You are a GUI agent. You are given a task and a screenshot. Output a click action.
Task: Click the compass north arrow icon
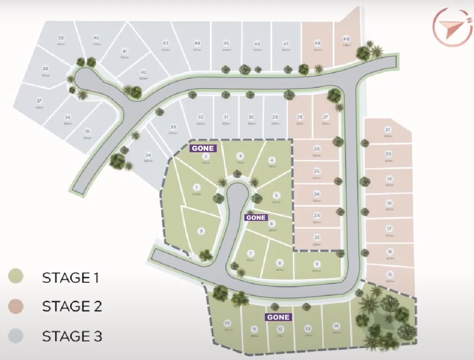(452, 27)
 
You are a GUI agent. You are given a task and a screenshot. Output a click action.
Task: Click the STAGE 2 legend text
(72, 307)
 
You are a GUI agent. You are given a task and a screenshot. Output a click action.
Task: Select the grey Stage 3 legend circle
(16, 336)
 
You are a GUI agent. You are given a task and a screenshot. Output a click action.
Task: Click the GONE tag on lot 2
(202, 148)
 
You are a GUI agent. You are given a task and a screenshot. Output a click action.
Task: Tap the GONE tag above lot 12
(278, 317)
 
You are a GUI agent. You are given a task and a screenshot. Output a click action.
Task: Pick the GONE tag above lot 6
(256, 218)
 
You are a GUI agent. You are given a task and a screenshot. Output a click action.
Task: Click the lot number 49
(347, 40)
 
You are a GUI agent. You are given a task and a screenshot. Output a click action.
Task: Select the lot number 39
(61, 38)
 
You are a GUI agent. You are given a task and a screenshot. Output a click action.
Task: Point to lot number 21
(388, 130)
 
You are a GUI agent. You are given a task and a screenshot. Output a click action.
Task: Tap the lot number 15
(389, 274)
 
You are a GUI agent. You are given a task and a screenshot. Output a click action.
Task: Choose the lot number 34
(148, 156)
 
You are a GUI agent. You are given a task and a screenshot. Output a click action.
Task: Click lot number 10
(227, 323)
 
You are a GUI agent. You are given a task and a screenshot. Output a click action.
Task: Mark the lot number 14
(336, 326)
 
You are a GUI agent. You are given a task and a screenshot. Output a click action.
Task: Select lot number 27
(326, 117)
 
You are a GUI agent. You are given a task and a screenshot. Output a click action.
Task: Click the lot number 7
(251, 254)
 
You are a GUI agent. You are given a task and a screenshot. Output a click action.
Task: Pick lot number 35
(87, 131)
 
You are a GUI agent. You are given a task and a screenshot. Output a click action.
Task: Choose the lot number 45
(227, 43)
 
